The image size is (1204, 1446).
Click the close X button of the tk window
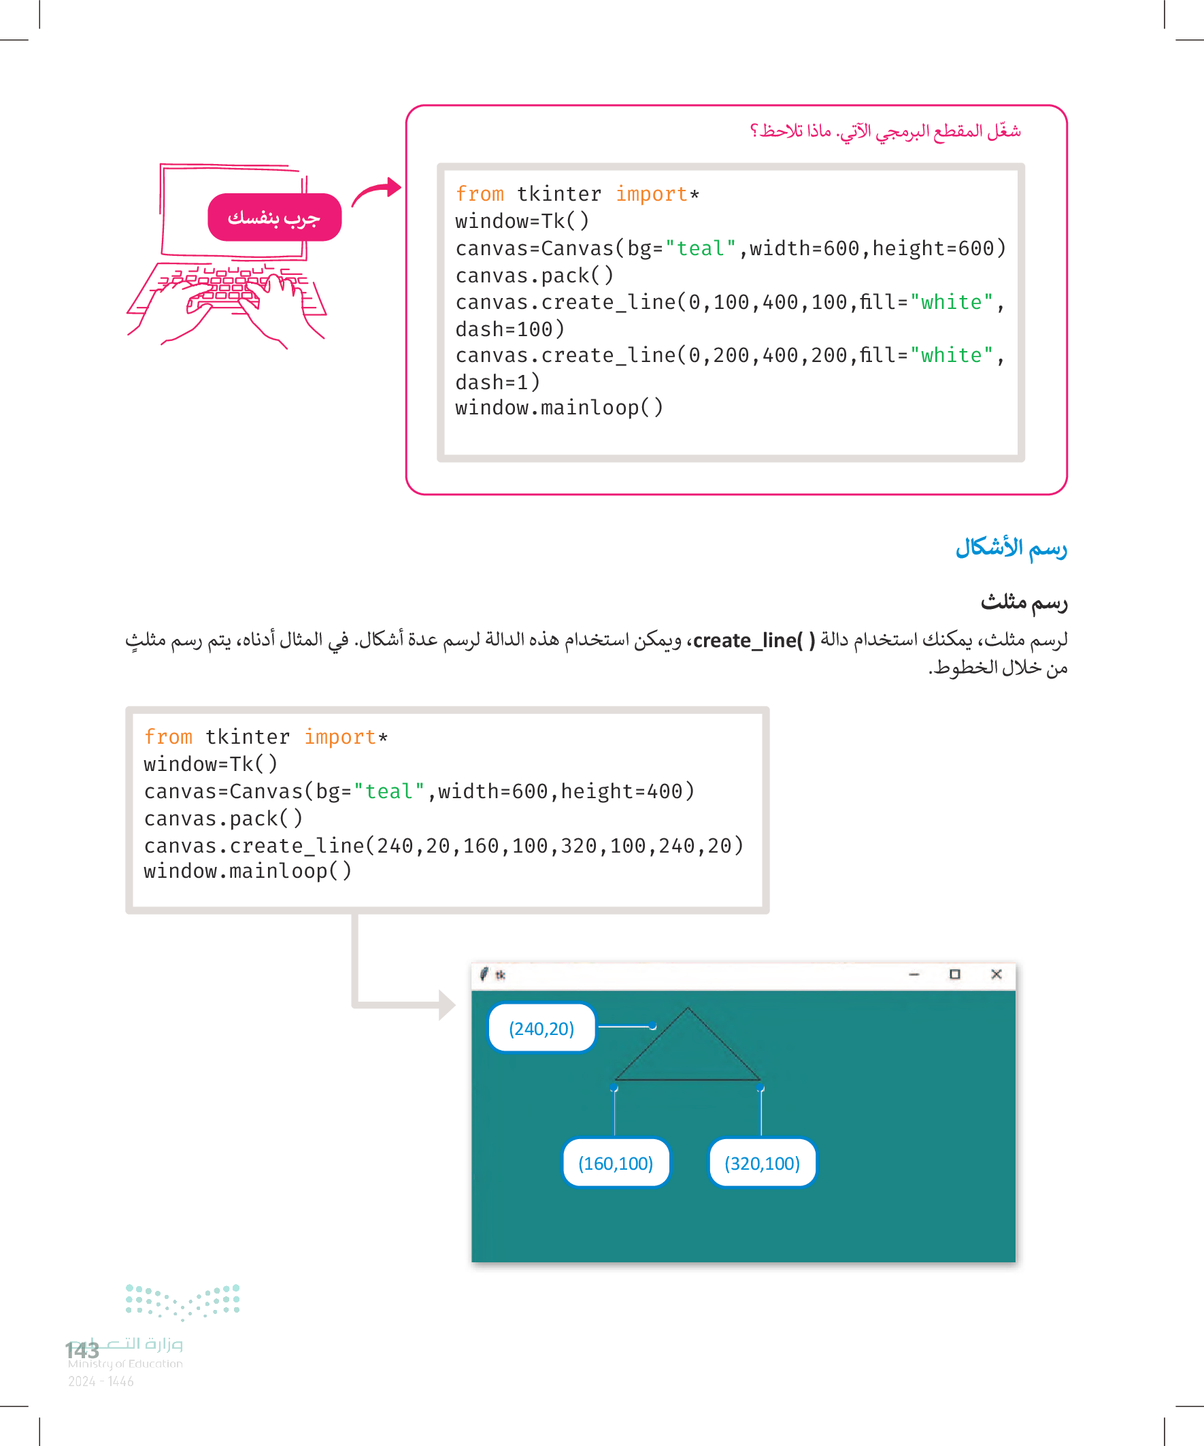[995, 974]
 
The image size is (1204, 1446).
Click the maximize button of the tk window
[954, 974]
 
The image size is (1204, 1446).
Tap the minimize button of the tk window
[914, 974]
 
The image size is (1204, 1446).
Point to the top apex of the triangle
[687, 1008]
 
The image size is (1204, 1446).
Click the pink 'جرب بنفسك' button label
[274, 218]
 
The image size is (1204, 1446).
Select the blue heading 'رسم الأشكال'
[1011, 547]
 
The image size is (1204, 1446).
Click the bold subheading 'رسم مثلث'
[1024, 602]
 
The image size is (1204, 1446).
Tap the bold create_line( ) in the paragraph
[753, 640]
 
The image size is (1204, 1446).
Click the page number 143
[82, 1349]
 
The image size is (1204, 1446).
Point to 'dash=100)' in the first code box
[509, 329]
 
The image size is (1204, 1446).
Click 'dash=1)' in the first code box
[497, 382]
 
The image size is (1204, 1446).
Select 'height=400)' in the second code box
[627, 791]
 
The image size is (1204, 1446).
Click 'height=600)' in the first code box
[939, 248]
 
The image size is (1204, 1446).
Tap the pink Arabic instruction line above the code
[884, 131]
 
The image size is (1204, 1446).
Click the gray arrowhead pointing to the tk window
[447, 1004]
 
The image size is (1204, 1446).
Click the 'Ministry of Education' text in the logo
[125, 1364]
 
